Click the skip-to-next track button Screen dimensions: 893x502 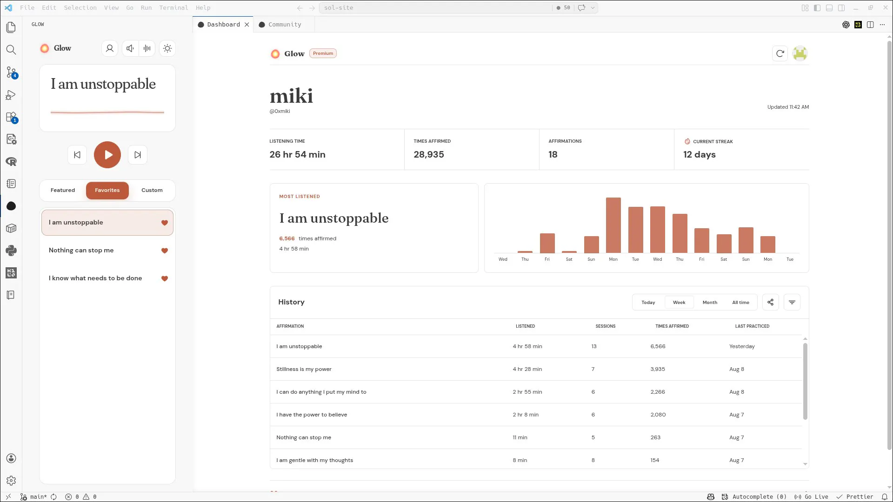point(138,155)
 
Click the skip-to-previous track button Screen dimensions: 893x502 point(77,155)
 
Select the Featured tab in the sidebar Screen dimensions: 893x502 point(63,190)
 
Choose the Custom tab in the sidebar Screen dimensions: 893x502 point(152,190)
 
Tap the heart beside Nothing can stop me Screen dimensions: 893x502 point(165,251)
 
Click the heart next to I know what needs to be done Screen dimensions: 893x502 point(165,278)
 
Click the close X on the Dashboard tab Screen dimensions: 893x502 point(247,25)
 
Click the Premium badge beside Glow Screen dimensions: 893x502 point(323,53)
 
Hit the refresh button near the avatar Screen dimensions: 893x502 point(780,53)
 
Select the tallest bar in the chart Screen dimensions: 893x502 point(613,225)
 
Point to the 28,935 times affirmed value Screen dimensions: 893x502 point(429,154)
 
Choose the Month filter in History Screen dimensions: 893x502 point(710,303)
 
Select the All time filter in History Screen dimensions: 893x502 point(741,303)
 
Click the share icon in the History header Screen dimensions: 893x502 point(771,302)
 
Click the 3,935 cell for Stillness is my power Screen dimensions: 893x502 point(658,369)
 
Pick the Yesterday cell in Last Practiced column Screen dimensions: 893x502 point(742,346)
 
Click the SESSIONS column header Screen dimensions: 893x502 point(606,326)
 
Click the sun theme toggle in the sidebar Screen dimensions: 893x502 point(167,48)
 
